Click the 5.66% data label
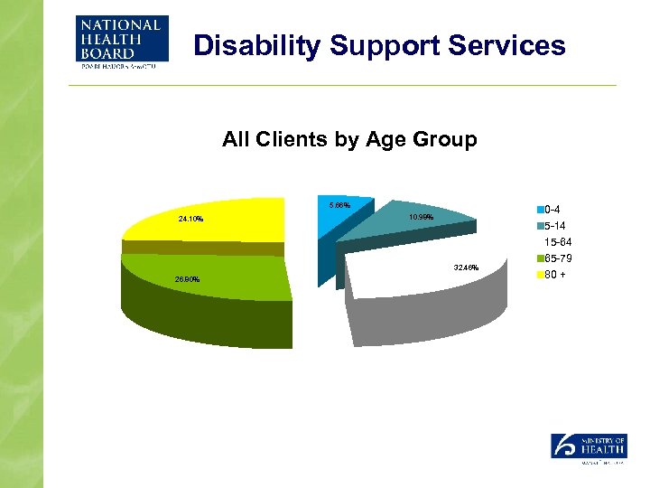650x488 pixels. click(340, 206)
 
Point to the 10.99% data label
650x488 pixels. click(421, 218)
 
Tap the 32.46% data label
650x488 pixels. click(467, 267)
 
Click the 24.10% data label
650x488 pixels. click(190, 219)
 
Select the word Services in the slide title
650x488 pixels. click(510, 45)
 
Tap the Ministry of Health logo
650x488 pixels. click(587, 447)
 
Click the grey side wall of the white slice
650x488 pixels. click(424, 316)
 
